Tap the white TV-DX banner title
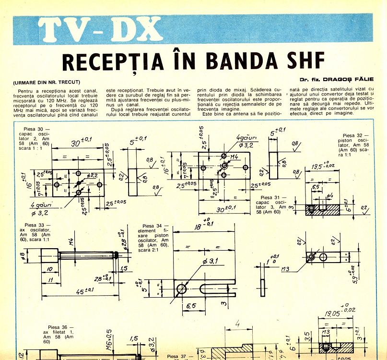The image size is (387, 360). (101, 30)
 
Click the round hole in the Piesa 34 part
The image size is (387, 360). (181, 288)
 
